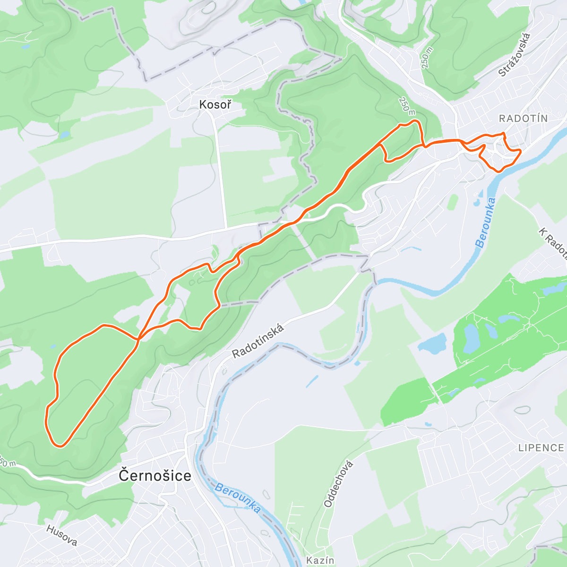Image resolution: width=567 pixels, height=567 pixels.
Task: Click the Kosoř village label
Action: pyautogui.click(x=215, y=104)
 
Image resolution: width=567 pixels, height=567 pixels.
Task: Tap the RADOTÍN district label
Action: pyautogui.click(x=523, y=118)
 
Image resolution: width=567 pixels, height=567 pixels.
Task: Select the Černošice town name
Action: pyautogui.click(x=155, y=475)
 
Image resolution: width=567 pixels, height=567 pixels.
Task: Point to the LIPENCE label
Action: pyautogui.click(x=541, y=447)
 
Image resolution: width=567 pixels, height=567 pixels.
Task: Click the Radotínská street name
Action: pyautogui.click(x=258, y=341)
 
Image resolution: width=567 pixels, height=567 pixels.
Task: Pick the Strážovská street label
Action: pyautogui.click(x=515, y=54)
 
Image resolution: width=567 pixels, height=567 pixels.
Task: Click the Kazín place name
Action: pyautogui.click(x=320, y=560)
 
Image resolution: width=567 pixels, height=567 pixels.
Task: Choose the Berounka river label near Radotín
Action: pyautogui.click(x=486, y=223)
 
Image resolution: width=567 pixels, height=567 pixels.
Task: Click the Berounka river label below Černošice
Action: pyautogui.click(x=237, y=498)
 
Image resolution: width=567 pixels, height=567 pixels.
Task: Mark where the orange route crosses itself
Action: pyautogui.click(x=138, y=338)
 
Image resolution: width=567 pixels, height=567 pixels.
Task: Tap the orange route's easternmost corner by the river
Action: pyautogui.click(x=520, y=151)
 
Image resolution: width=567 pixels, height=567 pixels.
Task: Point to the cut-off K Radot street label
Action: pyautogui.click(x=553, y=244)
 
